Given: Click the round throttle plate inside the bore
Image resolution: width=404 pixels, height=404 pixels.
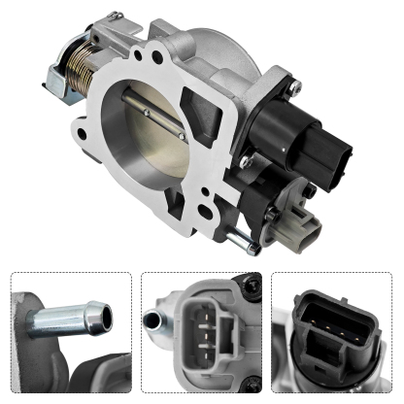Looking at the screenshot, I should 146,129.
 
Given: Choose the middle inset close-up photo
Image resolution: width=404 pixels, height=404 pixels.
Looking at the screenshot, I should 201,335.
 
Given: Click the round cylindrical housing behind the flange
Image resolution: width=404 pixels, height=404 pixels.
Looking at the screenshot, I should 219,39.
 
